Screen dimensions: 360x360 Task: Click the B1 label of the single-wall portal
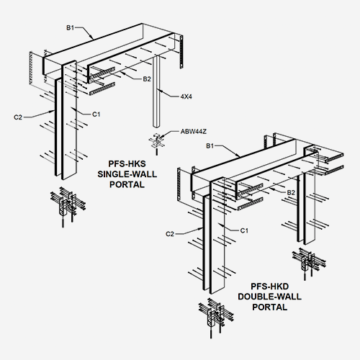[x=71, y=27]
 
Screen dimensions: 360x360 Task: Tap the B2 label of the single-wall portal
[x=146, y=78]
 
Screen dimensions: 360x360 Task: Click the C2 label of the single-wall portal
[x=20, y=115]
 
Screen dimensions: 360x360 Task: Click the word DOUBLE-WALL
[x=269, y=296]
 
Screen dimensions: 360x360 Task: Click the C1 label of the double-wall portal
[x=243, y=230]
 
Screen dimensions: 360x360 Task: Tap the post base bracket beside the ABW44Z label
[x=155, y=140]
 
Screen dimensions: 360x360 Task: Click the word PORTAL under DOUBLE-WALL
[x=269, y=307]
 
